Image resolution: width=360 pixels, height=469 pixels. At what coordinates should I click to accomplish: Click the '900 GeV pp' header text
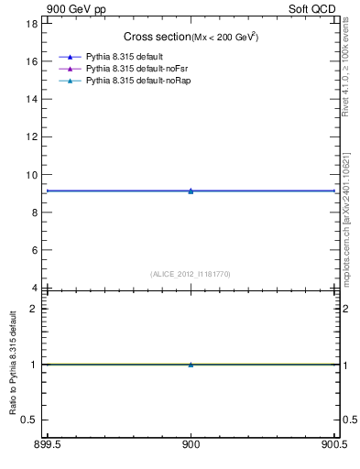click(x=71, y=9)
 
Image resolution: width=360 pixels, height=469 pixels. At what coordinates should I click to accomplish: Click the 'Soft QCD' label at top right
click(x=312, y=9)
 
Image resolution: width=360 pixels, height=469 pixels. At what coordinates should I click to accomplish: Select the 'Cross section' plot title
click(x=157, y=37)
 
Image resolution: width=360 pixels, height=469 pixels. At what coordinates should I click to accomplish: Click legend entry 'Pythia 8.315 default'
click(x=124, y=58)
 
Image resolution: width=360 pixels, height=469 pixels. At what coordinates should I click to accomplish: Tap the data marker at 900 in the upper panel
click(x=191, y=191)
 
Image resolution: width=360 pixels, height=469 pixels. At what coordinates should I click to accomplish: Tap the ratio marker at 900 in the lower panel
click(x=191, y=365)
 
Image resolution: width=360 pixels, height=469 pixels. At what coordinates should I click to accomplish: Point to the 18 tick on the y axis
click(x=33, y=23)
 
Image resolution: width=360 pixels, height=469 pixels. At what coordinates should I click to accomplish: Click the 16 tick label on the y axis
click(x=33, y=61)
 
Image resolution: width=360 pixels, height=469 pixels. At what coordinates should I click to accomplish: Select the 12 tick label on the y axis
click(x=33, y=136)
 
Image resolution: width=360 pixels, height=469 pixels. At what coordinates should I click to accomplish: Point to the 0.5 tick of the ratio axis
click(x=31, y=420)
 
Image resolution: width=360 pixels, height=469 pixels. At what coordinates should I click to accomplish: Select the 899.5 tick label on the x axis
click(x=46, y=446)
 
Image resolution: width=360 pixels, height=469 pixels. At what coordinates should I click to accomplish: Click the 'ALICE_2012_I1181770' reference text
click(x=191, y=274)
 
